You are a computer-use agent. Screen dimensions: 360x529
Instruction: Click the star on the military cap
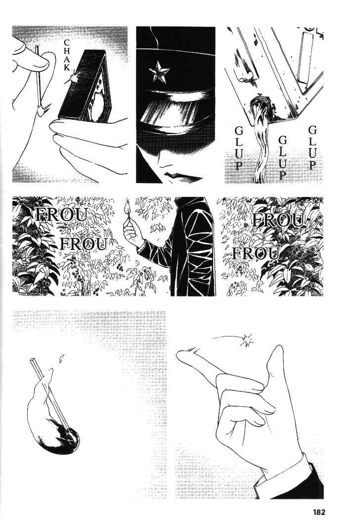click(x=159, y=74)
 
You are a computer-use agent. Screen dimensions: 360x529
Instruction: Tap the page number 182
click(x=317, y=512)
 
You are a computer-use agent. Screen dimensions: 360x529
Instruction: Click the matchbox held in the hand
click(x=86, y=86)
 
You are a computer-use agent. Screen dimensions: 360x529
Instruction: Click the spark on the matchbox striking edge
click(x=73, y=79)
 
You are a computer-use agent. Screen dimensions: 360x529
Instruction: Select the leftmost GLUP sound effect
click(x=239, y=148)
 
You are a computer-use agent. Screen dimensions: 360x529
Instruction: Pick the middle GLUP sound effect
click(x=282, y=157)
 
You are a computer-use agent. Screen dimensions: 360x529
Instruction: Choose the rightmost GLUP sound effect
click(x=313, y=147)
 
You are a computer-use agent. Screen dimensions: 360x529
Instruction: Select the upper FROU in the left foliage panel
click(x=62, y=215)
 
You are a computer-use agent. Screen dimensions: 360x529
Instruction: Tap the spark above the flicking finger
click(x=247, y=340)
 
